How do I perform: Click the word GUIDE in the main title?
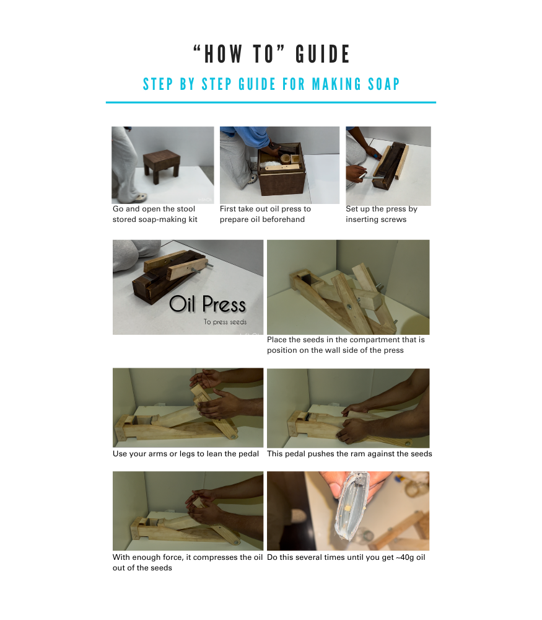coord(322,54)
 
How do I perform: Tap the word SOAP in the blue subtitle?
coord(384,84)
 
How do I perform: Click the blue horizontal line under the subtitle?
coord(271,102)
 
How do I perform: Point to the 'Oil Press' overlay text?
coord(208,304)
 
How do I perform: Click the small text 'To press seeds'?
coord(225,322)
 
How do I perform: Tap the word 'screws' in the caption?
coord(393,219)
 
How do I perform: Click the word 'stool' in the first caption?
coord(185,209)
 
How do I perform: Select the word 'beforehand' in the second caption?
coord(284,219)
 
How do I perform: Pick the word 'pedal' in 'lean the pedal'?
coord(249,454)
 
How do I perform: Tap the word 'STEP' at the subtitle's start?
coord(157,84)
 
